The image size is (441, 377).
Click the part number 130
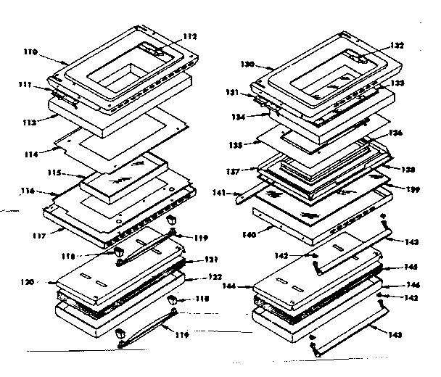247,65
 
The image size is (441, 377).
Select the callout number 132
396,45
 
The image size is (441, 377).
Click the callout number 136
395,133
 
